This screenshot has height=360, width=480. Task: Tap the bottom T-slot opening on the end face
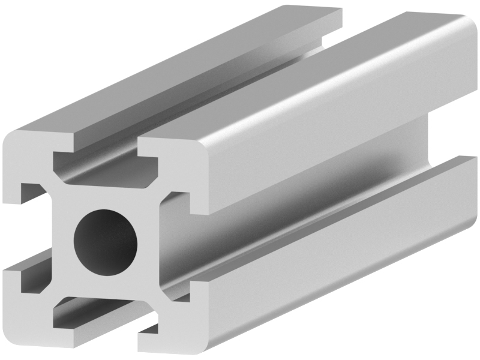pos(99,315)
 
